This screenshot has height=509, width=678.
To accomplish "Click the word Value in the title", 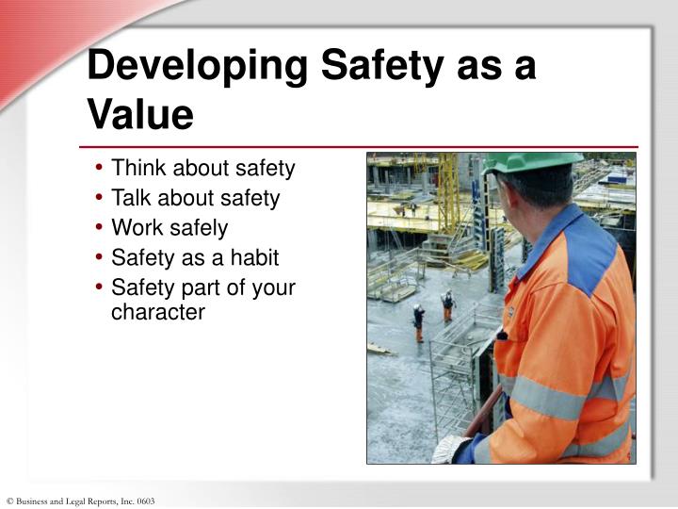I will tap(140, 115).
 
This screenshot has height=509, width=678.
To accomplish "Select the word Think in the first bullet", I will tap(137, 169).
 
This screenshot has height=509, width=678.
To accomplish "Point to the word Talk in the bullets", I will tap(133, 198).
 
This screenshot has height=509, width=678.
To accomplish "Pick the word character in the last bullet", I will tap(157, 311).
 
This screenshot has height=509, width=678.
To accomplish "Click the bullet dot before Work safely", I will tap(100, 228).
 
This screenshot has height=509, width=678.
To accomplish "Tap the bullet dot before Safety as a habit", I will tap(100, 257).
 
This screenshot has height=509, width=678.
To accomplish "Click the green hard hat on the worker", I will tap(527, 162).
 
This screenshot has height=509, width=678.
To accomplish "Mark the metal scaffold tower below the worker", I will tap(452, 377).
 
